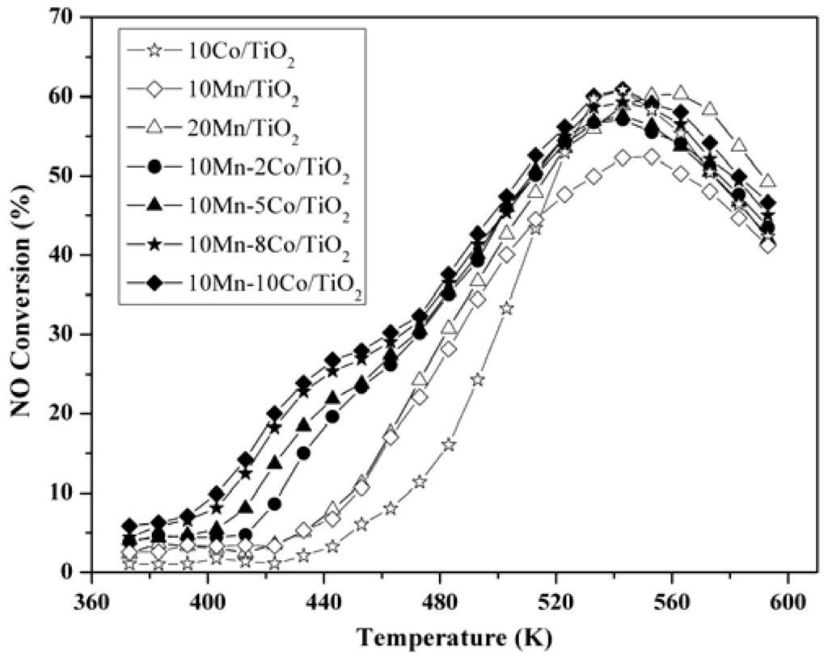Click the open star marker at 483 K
coord(449,445)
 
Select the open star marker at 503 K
coord(507,309)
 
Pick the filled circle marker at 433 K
coord(303,453)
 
